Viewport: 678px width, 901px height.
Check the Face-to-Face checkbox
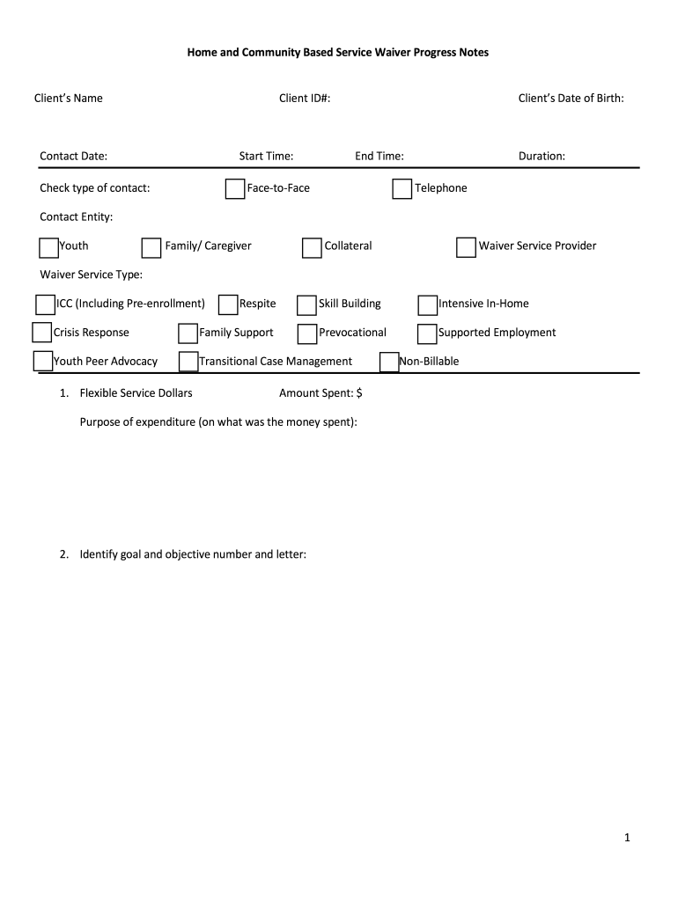(235, 189)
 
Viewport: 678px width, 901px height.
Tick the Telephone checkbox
(402, 189)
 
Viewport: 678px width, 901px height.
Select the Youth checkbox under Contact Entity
(49, 247)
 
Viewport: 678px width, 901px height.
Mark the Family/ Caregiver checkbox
(151, 248)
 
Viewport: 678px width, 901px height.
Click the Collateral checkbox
(312, 248)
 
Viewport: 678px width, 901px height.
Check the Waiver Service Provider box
(466, 248)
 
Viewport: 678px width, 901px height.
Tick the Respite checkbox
(227, 305)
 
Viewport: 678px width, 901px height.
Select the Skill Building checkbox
(306, 305)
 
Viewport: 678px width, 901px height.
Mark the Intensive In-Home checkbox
(427, 305)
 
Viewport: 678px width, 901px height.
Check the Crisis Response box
(41, 333)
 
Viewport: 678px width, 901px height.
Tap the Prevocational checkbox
(306, 334)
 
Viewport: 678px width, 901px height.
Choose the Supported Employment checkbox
(426, 334)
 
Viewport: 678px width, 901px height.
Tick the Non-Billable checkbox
(389, 363)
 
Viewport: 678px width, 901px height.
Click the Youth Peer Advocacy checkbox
(42, 362)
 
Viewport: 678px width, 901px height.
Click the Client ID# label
(305, 99)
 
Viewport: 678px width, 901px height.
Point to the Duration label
(542, 157)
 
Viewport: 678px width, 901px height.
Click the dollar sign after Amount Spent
(359, 393)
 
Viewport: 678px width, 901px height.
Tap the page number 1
(628, 839)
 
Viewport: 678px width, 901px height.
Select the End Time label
(380, 157)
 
